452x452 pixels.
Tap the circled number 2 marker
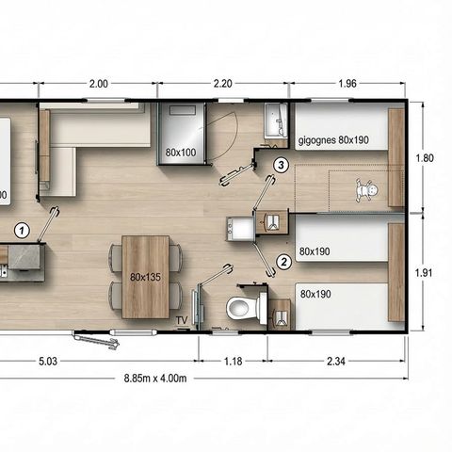(282, 263)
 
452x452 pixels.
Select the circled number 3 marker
(281, 166)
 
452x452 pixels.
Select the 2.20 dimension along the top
(223, 84)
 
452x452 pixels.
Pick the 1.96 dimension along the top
(347, 84)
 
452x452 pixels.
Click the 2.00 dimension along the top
(98, 84)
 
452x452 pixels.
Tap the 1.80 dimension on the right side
(425, 158)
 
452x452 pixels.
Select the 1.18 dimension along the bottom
(233, 359)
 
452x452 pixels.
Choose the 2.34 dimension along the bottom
(336, 359)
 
